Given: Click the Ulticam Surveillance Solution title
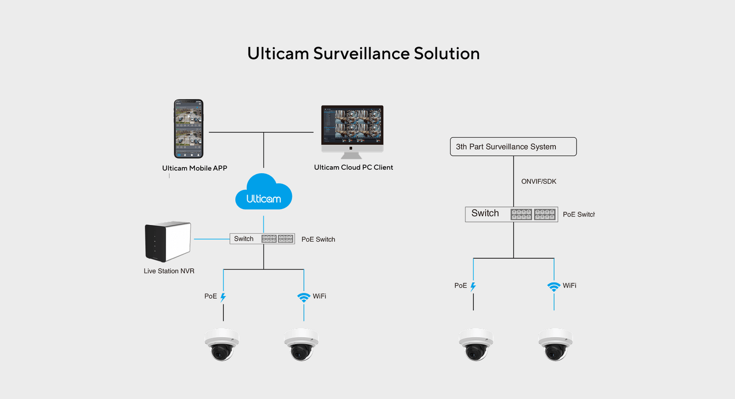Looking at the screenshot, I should (363, 53).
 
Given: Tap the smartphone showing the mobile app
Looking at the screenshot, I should (188, 129).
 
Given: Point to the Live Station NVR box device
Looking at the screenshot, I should (167, 241).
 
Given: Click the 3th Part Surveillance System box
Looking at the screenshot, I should (513, 147).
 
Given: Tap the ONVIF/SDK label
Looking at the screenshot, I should (538, 181).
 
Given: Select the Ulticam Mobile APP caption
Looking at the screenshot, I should (195, 168).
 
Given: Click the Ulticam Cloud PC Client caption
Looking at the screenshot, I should (353, 167).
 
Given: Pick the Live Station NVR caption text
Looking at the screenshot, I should (169, 271).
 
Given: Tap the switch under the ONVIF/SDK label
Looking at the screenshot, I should (511, 214).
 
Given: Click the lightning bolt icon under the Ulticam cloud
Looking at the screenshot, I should (223, 297).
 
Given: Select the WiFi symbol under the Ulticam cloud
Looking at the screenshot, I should (303, 297).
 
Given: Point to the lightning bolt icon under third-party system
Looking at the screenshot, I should (473, 286).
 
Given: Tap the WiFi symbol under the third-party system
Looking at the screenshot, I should (553, 286).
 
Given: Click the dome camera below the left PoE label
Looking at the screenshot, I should (222, 344).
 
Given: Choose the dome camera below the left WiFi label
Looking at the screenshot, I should (301, 344).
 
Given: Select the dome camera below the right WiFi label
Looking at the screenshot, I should (555, 344).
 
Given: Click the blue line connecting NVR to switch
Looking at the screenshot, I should (212, 239).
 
